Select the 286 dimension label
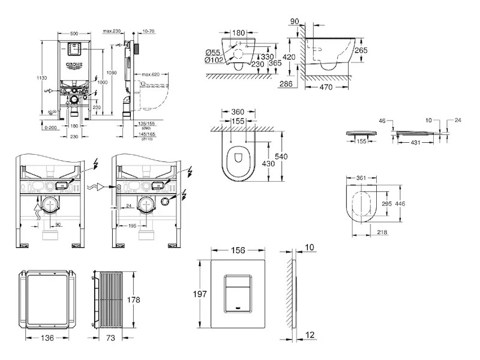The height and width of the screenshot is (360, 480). click(286, 85)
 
